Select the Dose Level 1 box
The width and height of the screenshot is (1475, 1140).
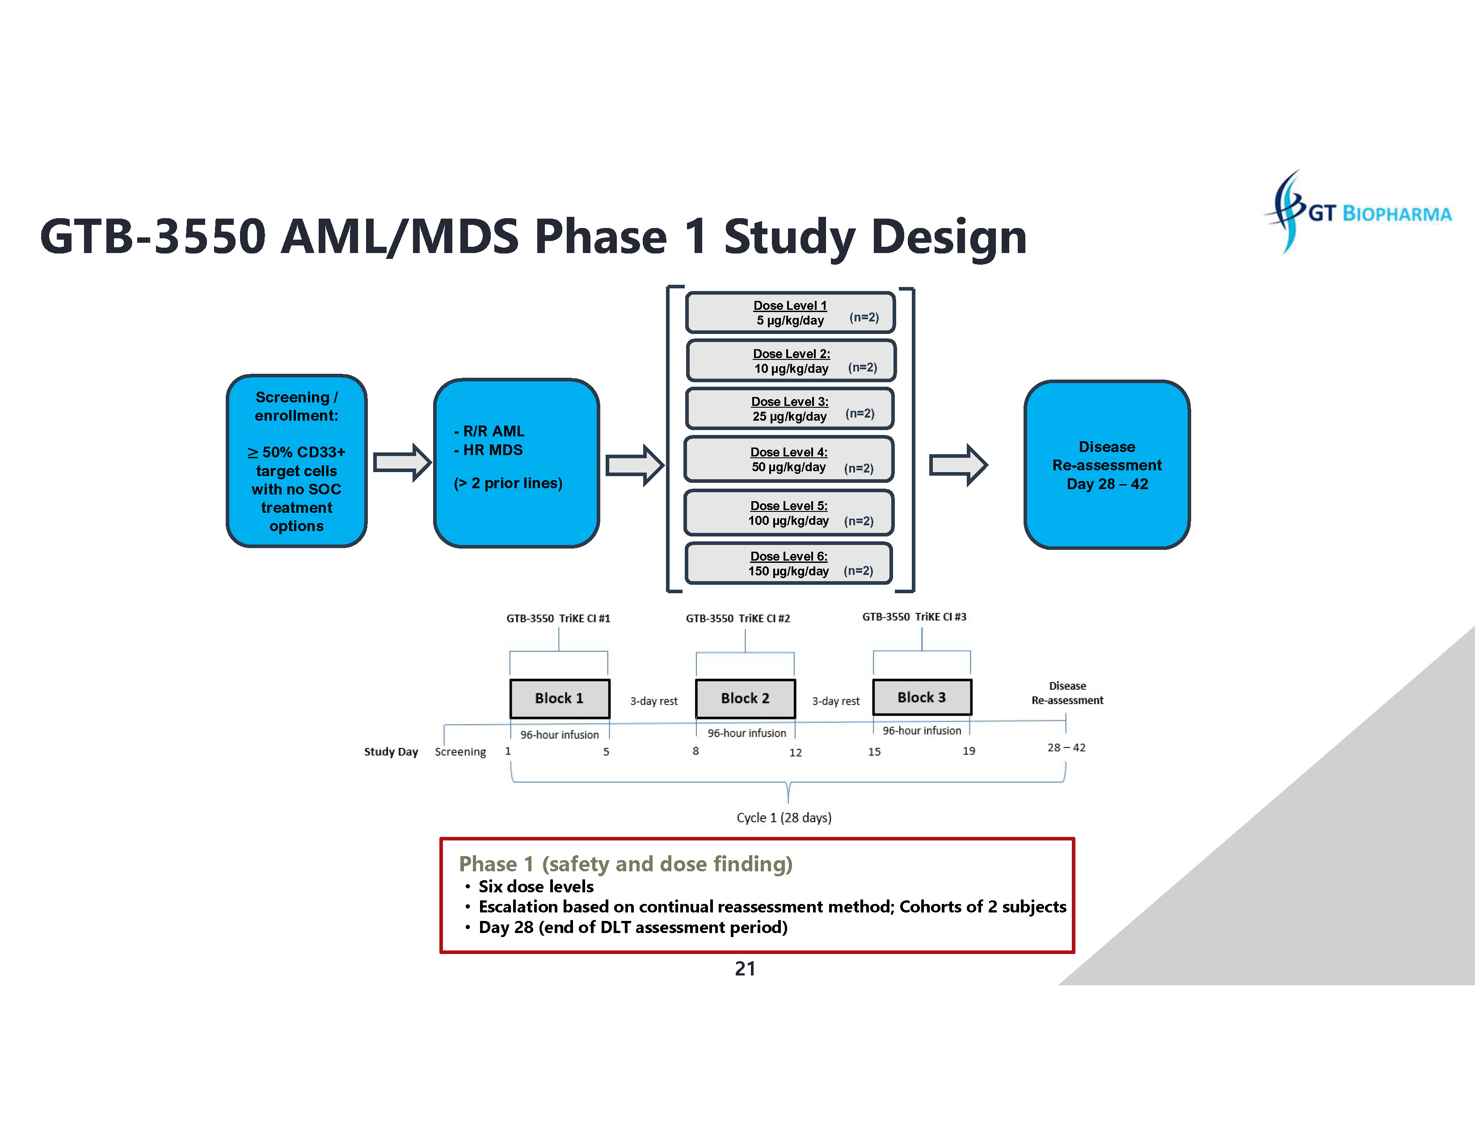790,312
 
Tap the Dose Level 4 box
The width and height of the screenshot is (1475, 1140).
789,459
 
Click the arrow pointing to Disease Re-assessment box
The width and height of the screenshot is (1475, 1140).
958,464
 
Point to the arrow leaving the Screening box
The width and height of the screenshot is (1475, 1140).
402,463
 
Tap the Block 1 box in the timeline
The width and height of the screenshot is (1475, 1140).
559,698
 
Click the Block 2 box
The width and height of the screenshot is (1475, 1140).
745,698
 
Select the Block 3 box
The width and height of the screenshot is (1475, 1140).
922,697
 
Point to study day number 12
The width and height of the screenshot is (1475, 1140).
796,752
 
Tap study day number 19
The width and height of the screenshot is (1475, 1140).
969,751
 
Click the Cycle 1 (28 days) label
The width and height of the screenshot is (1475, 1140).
784,818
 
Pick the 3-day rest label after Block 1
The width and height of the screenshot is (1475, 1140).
654,701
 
